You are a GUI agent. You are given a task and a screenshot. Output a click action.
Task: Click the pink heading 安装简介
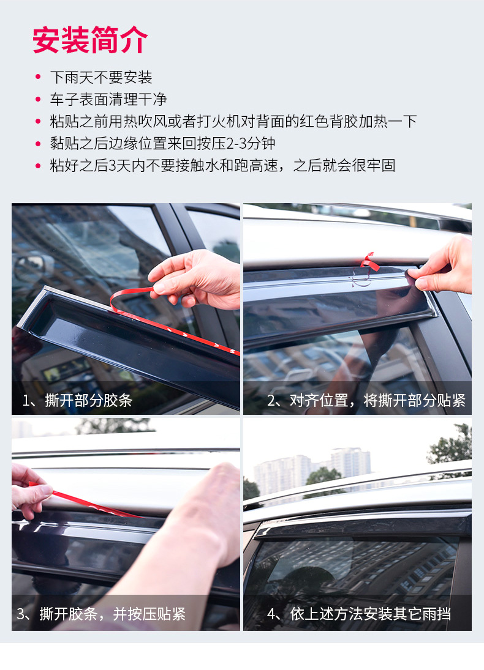coord(90,40)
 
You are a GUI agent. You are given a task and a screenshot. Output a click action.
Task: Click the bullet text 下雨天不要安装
coord(101,78)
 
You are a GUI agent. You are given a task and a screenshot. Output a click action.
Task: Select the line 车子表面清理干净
coord(108,100)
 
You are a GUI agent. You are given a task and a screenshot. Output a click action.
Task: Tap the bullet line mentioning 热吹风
coord(233,121)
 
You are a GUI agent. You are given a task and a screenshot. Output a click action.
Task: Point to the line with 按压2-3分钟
coord(162,143)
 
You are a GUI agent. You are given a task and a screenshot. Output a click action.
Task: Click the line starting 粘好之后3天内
coord(222,165)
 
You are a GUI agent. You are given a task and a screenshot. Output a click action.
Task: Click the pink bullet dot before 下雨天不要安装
coord(38,78)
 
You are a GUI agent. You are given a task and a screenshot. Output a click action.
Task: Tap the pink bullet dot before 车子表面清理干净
coord(38,100)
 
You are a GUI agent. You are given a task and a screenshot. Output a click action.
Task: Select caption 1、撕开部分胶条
coord(77,401)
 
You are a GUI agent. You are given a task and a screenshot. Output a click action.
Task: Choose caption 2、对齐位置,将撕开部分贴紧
coord(366,401)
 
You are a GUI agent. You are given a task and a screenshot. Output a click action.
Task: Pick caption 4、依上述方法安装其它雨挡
coord(358,614)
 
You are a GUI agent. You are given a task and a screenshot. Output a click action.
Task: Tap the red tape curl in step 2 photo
coord(367,262)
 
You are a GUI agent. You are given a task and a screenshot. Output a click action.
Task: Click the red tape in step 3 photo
coord(86,500)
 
